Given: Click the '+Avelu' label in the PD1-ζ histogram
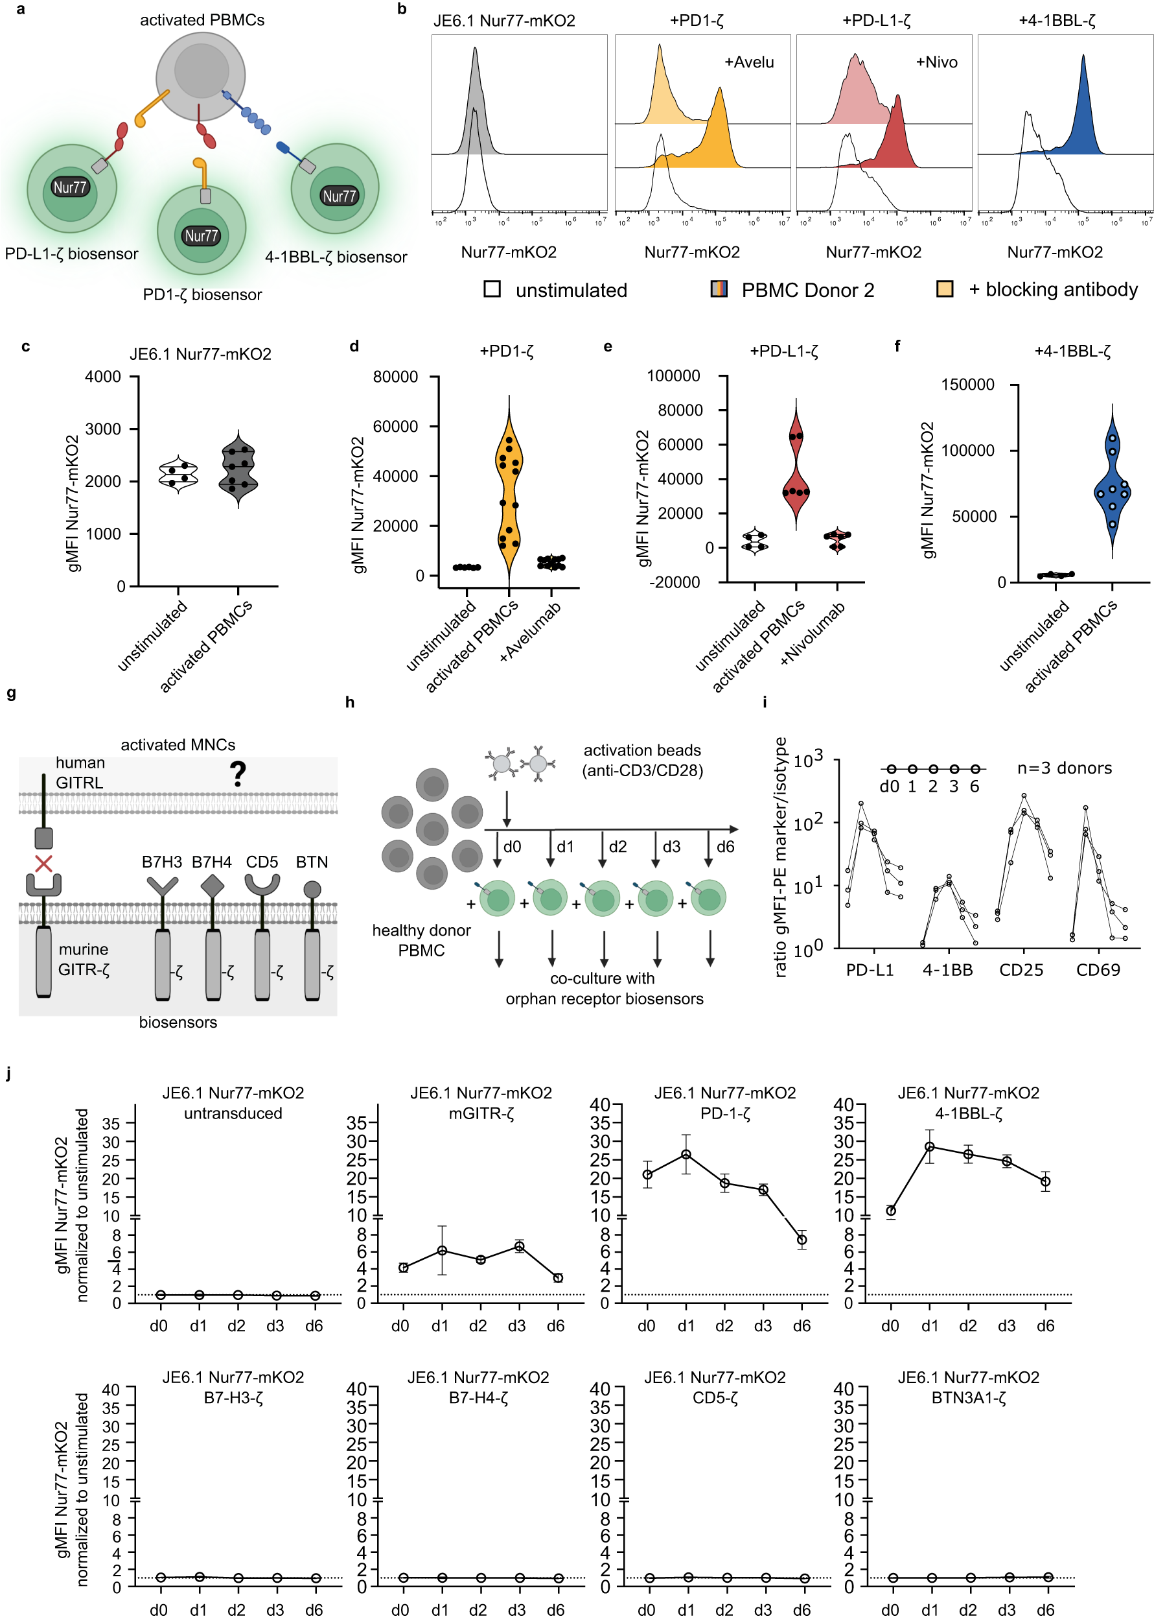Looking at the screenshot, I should click(x=749, y=62).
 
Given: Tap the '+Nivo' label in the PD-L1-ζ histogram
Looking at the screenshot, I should click(x=936, y=62).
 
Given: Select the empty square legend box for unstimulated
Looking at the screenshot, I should click(x=492, y=289).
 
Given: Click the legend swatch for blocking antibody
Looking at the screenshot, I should click(x=944, y=289).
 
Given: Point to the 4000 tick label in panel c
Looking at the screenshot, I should click(x=103, y=377).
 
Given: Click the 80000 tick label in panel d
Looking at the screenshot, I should click(x=395, y=377).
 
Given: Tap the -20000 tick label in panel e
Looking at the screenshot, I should click(x=675, y=582).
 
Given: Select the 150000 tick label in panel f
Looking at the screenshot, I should click(x=967, y=385).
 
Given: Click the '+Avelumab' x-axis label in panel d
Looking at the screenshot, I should click(x=531, y=632).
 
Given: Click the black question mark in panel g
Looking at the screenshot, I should click(x=238, y=774).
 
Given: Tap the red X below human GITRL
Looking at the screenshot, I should click(x=44, y=864).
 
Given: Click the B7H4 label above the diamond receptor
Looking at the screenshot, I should click(x=212, y=862).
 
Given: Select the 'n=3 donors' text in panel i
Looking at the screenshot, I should click(x=1064, y=768).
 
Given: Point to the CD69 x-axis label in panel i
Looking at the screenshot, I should click(x=1098, y=970).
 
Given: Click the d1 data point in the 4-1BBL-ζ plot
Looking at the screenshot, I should click(x=929, y=1147).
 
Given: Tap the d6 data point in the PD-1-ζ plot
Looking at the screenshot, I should click(x=802, y=1240).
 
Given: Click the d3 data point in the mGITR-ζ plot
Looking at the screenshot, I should click(x=520, y=1246).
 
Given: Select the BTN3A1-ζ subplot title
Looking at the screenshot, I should click(x=968, y=1398).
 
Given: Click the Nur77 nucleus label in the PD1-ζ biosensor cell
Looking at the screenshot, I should click(x=201, y=236).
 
